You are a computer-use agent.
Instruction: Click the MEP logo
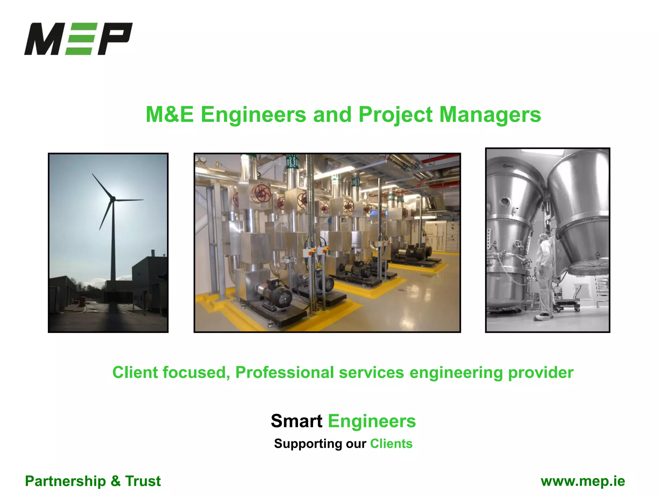click(x=78, y=39)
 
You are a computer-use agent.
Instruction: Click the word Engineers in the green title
click(x=253, y=115)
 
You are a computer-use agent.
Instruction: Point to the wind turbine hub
click(x=113, y=199)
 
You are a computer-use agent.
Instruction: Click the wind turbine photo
click(x=108, y=243)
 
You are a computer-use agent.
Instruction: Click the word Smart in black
click(x=296, y=421)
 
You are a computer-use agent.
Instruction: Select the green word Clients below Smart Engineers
click(x=391, y=444)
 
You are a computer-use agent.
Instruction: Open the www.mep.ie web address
click(x=583, y=481)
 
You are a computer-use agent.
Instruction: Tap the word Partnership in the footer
click(x=65, y=481)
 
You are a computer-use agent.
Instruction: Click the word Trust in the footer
click(x=143, y=481)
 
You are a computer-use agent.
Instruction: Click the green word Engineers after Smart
click(x=372, y=421)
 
